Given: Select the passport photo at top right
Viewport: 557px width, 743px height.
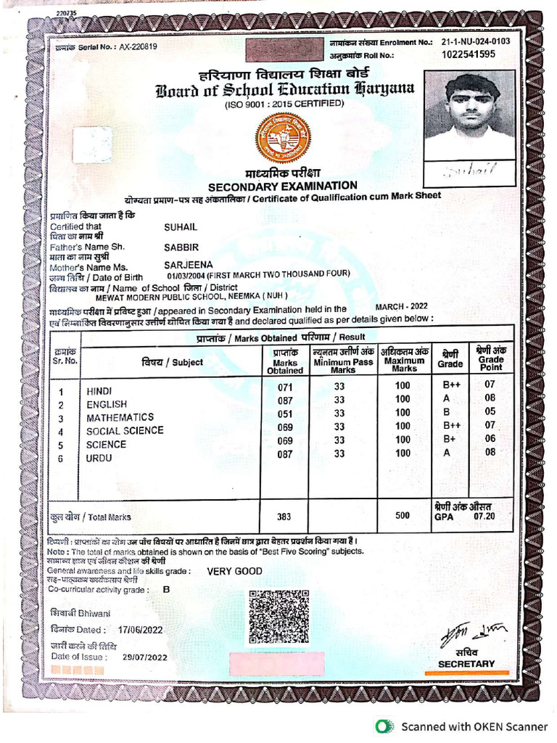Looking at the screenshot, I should tap(469, 115).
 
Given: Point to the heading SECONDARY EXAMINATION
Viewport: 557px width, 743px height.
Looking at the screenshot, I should tap(283, 186).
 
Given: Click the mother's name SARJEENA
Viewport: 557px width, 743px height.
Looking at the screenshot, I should tap(189, 265).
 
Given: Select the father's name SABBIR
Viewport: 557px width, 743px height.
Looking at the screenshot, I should tap(181, 247).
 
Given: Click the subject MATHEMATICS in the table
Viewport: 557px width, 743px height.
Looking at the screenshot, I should tap(120, 417).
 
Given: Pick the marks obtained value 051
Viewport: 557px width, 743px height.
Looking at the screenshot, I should tap(285, 414).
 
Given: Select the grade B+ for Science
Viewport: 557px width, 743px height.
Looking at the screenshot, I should tap(445, 439).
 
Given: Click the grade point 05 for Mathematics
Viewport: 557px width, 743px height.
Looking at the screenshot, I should tap(490, 413).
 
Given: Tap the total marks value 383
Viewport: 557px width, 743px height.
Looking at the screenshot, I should tap(284, 517).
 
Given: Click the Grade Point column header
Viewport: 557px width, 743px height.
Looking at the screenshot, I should tap(491, 358).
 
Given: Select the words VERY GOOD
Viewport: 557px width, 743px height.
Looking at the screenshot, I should tap(235, 571).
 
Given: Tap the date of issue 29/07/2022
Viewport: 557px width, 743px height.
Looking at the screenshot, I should tap(145, 657).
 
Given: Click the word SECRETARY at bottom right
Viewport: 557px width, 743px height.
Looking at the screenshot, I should tap(466, 663).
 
